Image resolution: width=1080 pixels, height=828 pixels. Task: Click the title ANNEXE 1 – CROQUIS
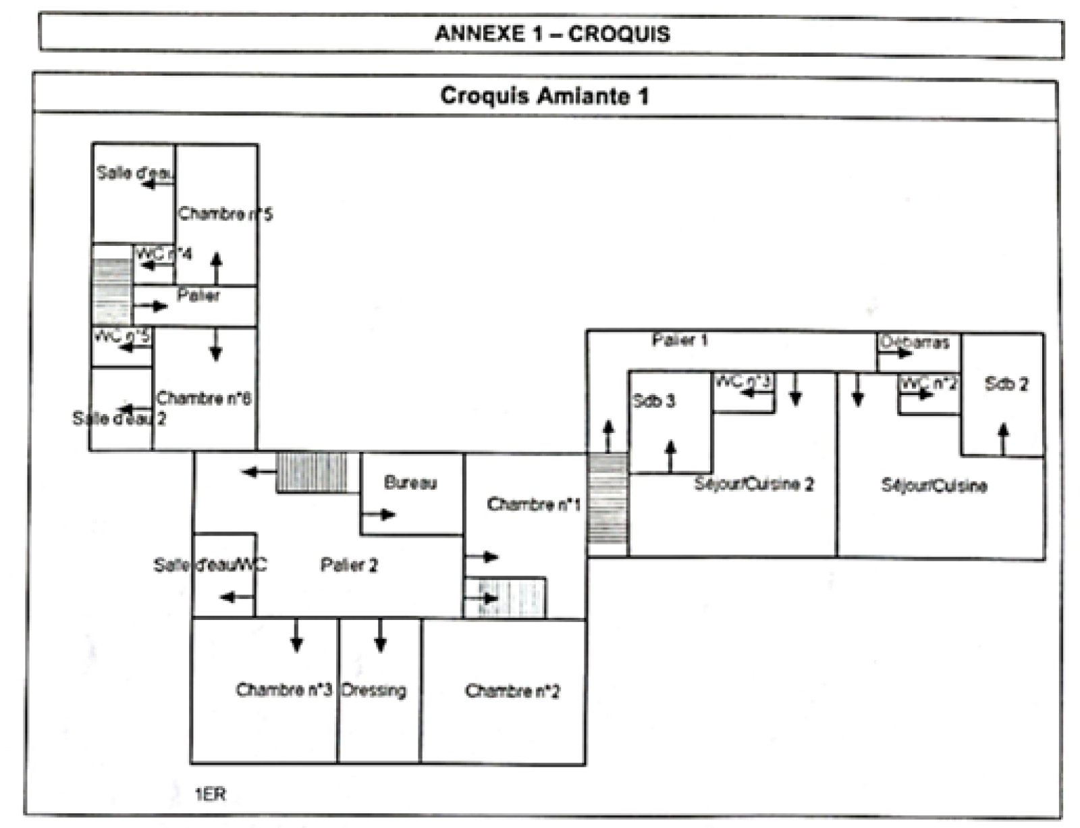coord(552,34)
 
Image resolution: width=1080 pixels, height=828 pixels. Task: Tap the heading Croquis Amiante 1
coord(544,96)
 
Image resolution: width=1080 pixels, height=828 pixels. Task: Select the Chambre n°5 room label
coord(225,214)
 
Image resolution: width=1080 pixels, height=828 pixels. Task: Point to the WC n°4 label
coord(164,254)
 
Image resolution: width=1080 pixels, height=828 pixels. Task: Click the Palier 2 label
coord(349,565)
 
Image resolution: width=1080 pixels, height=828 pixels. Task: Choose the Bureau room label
coord(410,482)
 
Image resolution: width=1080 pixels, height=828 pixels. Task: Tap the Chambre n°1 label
coord(533,504)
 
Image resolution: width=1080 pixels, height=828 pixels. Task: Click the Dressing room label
coord(374,690)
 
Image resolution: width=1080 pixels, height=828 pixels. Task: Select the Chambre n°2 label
coord(512,691)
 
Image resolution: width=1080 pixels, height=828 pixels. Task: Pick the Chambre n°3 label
coord(284,690)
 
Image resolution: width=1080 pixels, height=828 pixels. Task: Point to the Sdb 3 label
coord(653,401)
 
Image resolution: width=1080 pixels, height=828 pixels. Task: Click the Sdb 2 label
coord(1006,384)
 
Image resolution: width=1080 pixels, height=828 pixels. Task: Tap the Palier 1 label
coord(680,340)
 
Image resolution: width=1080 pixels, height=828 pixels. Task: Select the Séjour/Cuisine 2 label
coord(754,484)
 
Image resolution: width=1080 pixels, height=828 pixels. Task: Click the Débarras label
coord(915,342)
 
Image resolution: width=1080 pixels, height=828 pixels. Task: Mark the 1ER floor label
coord(211,794)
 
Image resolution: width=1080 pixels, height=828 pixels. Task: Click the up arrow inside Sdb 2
coord(1003,438)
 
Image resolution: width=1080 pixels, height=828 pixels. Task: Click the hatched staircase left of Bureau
coord(312,472)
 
